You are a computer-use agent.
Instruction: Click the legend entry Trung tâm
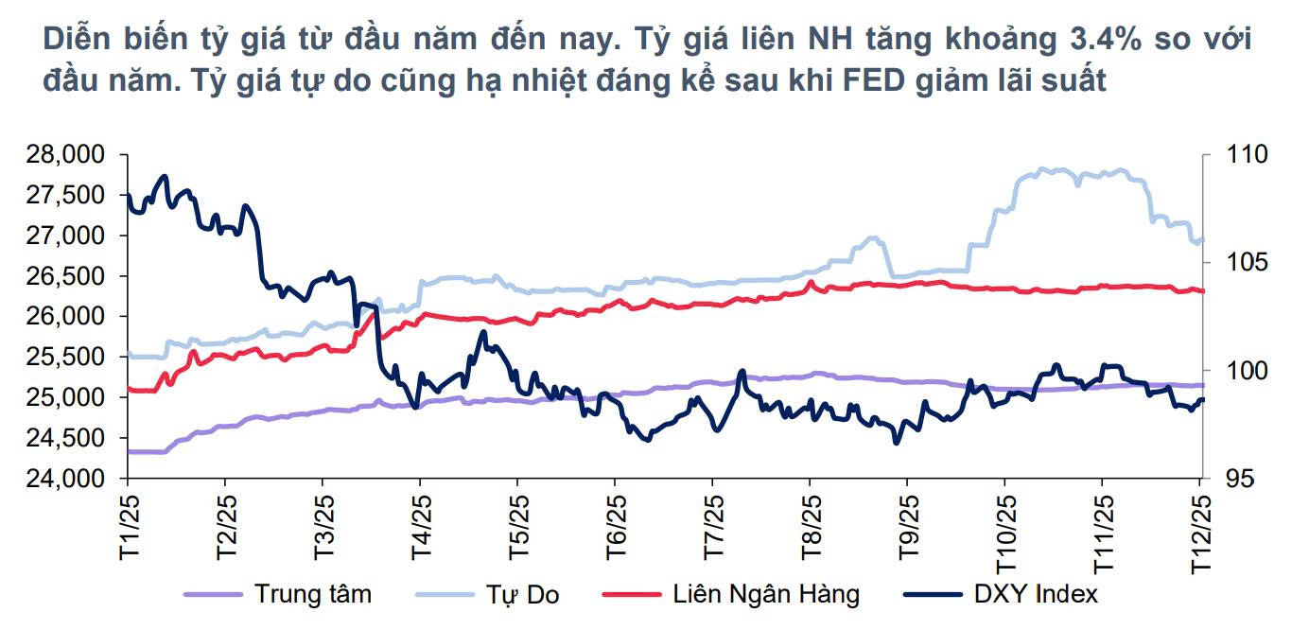click(312, 595)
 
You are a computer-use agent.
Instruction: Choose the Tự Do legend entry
click(523, 595)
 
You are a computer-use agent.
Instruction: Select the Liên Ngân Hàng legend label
click(766, 595)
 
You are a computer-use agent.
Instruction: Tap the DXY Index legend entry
click(1036, 595)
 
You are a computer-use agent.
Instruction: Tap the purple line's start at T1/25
click(129, 451)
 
